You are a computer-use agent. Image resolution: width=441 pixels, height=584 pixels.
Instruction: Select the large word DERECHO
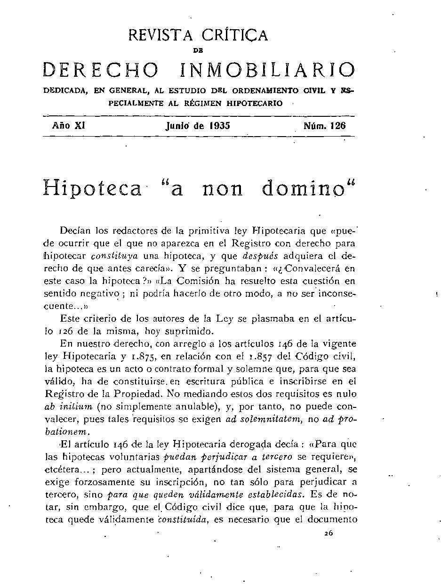(x=101, y=70)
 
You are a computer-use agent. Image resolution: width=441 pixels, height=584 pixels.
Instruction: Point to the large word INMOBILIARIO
(x=268, y=70)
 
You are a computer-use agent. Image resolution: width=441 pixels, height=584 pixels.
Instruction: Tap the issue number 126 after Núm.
(x=338, y=126)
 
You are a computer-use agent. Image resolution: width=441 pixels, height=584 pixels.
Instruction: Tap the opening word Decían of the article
(x=76, y=231)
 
